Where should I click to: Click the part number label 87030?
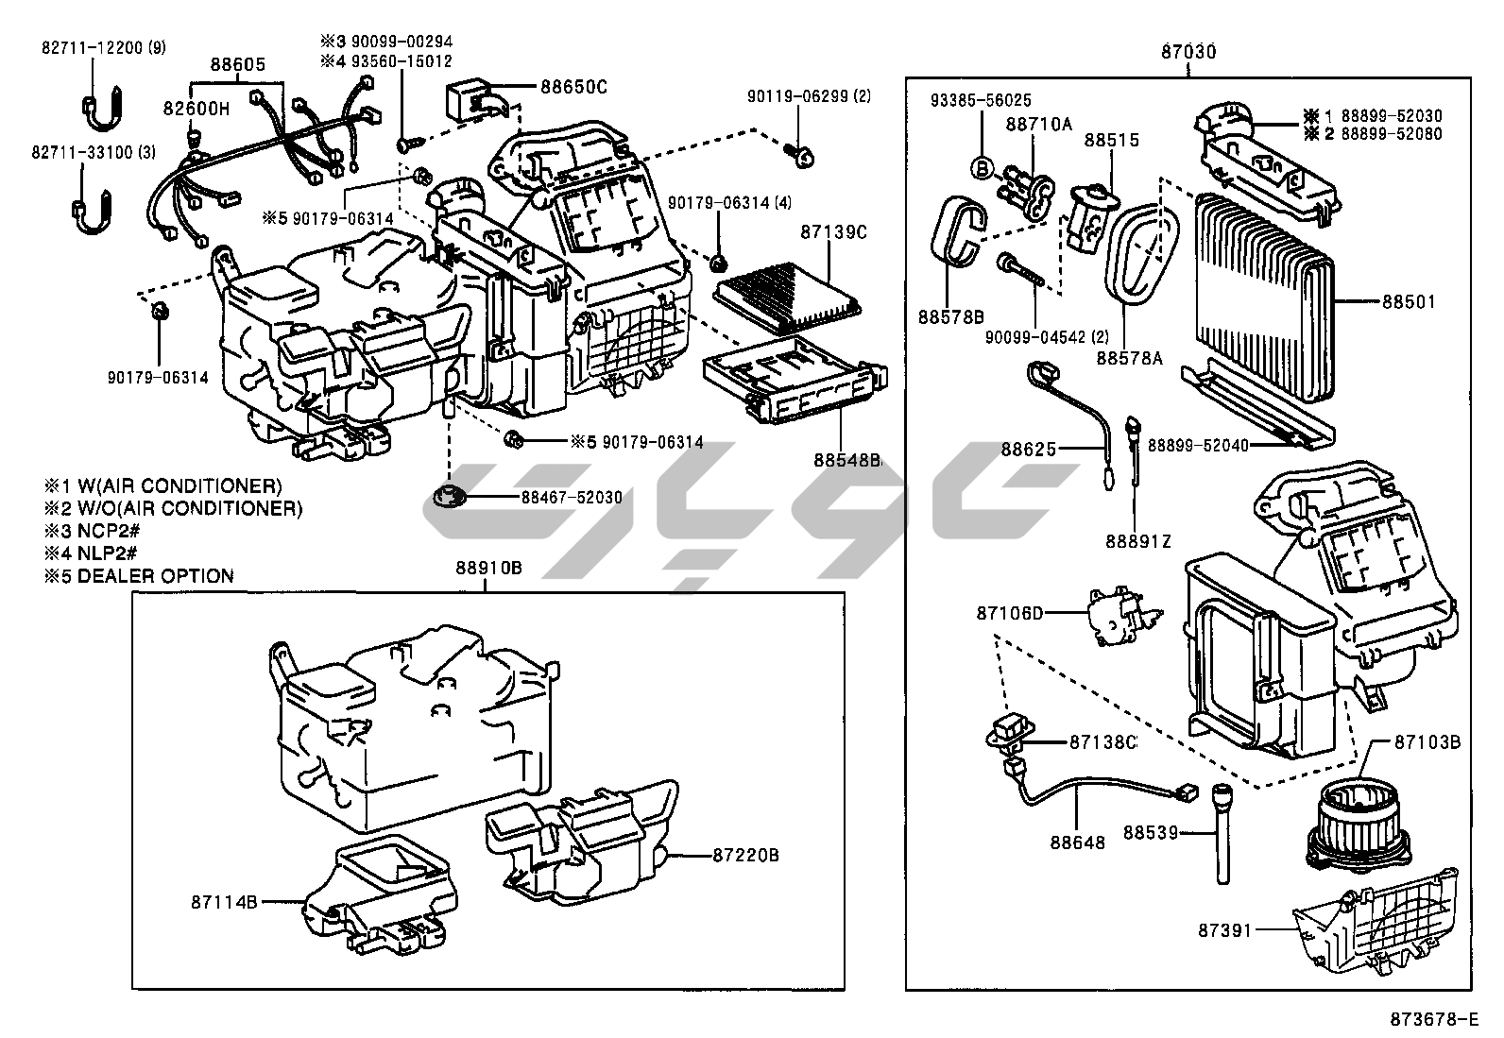tap(1188, 52)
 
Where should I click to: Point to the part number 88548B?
tap(847, 460)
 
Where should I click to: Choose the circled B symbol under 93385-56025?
tap(982, 168)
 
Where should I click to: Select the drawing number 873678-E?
tap(1432, 1019)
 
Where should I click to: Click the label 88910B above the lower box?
tap(487, 568)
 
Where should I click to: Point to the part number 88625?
tap(1029, 450)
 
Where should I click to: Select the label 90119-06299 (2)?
tap(809, 95)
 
